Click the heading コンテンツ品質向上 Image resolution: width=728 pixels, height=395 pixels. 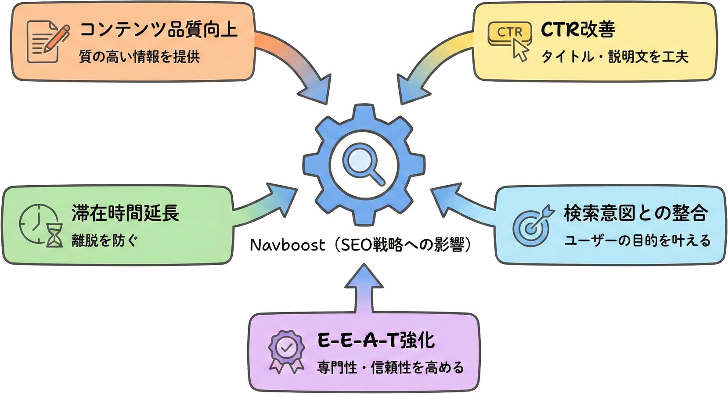159,29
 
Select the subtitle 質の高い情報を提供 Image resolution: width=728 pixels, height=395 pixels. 139,57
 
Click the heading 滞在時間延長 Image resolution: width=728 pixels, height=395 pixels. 126,213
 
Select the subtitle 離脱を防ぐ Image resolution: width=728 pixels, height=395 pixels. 105,241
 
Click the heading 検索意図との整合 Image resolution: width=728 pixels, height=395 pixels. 636,213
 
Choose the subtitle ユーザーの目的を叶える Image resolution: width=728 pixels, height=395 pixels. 637,241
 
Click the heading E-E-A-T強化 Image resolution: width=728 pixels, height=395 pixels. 376,340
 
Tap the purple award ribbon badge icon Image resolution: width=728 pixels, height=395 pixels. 286,352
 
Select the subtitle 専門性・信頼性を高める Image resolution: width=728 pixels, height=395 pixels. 390,367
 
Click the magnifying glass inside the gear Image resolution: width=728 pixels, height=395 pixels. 363,163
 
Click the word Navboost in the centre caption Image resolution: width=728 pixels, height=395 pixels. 288,245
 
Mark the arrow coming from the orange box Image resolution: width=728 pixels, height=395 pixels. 299,66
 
